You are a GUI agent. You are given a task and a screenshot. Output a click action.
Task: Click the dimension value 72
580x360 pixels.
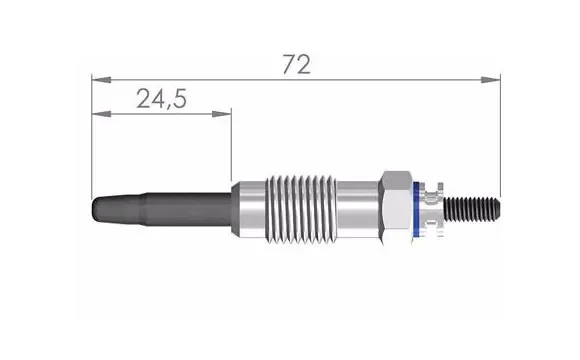click(296, 65)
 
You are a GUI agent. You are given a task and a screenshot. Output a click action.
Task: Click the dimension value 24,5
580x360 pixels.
click(161, 98)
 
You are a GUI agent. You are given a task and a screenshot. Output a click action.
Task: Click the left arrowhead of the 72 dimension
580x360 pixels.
click(97, 78)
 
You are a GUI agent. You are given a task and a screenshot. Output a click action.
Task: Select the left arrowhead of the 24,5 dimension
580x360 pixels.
click(97, 113)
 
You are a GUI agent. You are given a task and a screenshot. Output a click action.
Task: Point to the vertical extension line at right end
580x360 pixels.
click(499, 130)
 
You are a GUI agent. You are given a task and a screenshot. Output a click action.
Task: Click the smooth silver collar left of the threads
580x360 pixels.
click(249, 208)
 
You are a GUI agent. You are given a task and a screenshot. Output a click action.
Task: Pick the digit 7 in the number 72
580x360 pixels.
click(288, 65)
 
